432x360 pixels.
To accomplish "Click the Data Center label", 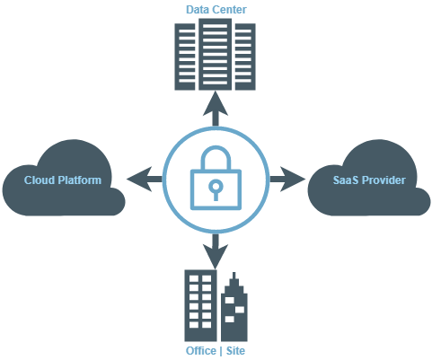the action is [216, 10].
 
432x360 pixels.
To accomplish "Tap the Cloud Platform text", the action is [63, 180].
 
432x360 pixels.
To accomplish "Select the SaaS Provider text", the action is [369, 180].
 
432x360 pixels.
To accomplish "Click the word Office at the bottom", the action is [201, 350].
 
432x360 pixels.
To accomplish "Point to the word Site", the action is [235, 350].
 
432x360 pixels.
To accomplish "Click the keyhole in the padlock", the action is [216, 189].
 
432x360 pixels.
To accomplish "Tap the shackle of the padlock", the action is [216, 159].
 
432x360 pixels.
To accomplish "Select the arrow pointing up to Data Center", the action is [216, 109].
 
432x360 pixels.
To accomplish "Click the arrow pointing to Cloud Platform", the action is [145, 179].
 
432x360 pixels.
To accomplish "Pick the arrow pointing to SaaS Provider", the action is [287, 179].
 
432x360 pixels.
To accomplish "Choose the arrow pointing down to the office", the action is [216, 251].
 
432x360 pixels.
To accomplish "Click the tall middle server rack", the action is [215, 54].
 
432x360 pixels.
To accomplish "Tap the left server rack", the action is [185, 57].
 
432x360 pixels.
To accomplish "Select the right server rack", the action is [245, 57].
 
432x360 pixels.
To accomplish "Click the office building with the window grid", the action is [200, 305].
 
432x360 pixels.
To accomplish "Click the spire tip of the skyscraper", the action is [234, 272].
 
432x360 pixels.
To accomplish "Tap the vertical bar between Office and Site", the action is [221, 351].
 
